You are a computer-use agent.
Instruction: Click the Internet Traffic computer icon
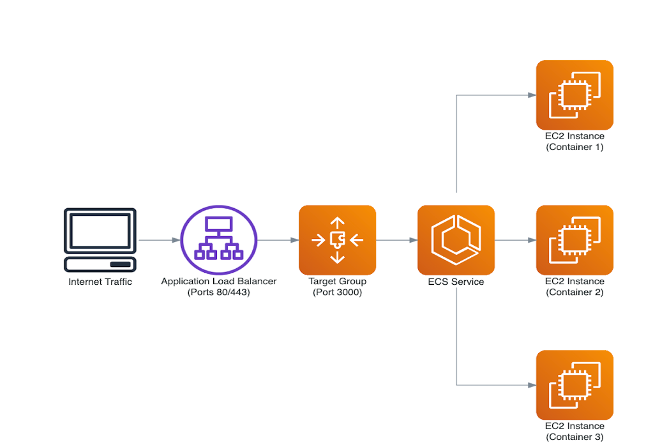[100, 240]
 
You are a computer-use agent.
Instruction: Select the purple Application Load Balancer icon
[219, 240]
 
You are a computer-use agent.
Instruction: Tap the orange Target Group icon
[338, 240]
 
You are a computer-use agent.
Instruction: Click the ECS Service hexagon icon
[456, 240]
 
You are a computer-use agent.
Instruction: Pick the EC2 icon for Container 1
[575, 95]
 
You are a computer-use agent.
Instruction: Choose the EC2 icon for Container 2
[575, 240]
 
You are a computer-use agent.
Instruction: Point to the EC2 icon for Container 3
[575, 385]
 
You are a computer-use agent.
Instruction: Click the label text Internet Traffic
[100, 282]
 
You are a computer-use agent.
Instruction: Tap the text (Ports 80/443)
[219, 292]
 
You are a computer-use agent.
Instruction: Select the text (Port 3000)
[338, 292]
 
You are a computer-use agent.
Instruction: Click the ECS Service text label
[456, 282]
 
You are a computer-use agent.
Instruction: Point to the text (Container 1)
[575, 148]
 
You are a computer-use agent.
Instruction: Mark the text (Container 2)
[575, 292]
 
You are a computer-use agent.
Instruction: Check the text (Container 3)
[575, 437]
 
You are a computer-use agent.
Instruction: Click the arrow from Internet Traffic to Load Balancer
[160, 240]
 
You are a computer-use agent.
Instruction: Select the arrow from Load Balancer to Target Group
[278, 240]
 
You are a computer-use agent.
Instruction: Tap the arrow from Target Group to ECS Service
[397, 240]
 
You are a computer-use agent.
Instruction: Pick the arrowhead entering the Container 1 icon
[532, 95]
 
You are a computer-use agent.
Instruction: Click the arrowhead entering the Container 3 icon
[532, 385]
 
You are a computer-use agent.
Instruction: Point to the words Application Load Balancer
[219, 282]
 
